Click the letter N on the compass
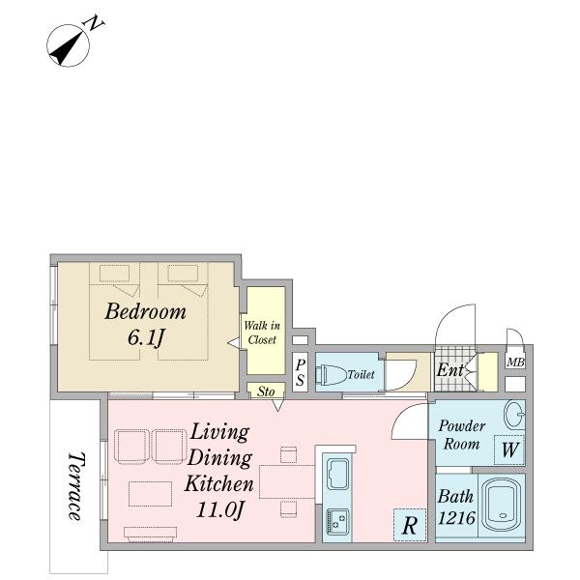(94, 23)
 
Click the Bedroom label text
(145, 311)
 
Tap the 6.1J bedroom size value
(145, 337)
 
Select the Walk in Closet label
(262, 333)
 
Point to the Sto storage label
(266, 391)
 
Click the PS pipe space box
(300, 372)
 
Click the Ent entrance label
(449, 370)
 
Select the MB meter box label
(515, 362)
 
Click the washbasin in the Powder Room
(515, 415)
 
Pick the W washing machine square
(509, 450)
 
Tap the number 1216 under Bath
(456, 518)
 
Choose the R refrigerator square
(410, 525)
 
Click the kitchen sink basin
(338, 474)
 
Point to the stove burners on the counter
(337, 521)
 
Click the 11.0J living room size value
(220, 510)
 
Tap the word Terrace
(75, 486)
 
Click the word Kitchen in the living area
(219, 484)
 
